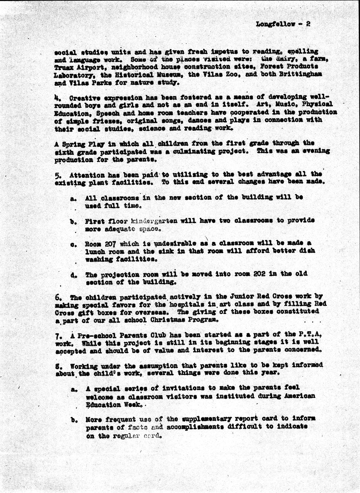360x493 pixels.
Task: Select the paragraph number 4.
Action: click(56, 98)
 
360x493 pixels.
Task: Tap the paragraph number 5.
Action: click(57, 175)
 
